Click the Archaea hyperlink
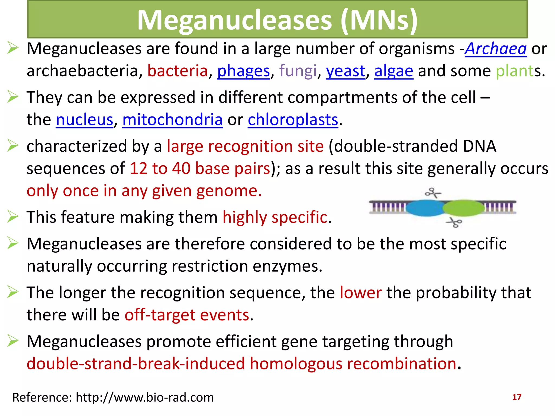pyautogui.click(x=495, y=49)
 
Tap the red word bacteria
pyautogui.click(x=178, y=71)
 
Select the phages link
pyautogui.click(x=243, y=71)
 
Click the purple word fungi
pyautogui.click(x=298, y=71)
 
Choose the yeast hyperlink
pyautogui.click(x=346, y=71)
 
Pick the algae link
pyautogui.click(x=393, y=71)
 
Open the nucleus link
pyautogui.click(x=85, y=120)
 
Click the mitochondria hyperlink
pyautogui.click(x=172, y=120)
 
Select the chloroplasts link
pyautogui.click(x=293, y=120)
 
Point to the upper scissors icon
pyautogui.click(x=433, y=193)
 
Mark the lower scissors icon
pyautogui.click(x=454, y=223)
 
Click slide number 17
pyautogui.click(x=517, y=397)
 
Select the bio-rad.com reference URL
pyautogui.click(x=145, y=398)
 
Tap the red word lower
pyautogui.click(x=361, y=293)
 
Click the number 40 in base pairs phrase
pyautogui.click(x=181, y=168)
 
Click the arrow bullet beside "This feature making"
pyautogui.click(x=13, y=217)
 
